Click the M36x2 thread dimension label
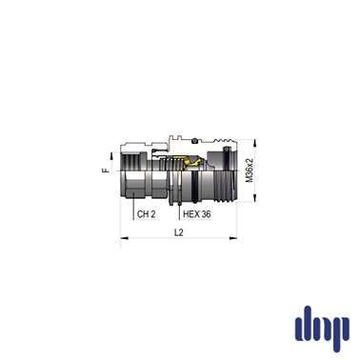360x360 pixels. [x=250, y=170]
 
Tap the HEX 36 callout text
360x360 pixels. [x=197, y=214]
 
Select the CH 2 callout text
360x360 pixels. [x=147, y=214]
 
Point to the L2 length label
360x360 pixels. [x=179, y=232]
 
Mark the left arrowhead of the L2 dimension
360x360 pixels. [x=125, y=238]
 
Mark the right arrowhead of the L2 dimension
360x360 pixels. [x=233, y=238]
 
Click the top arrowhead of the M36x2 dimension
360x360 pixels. [x=254, y=143]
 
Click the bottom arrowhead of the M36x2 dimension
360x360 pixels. [x=254, y=198]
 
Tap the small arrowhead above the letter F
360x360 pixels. [x=111, y=156]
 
